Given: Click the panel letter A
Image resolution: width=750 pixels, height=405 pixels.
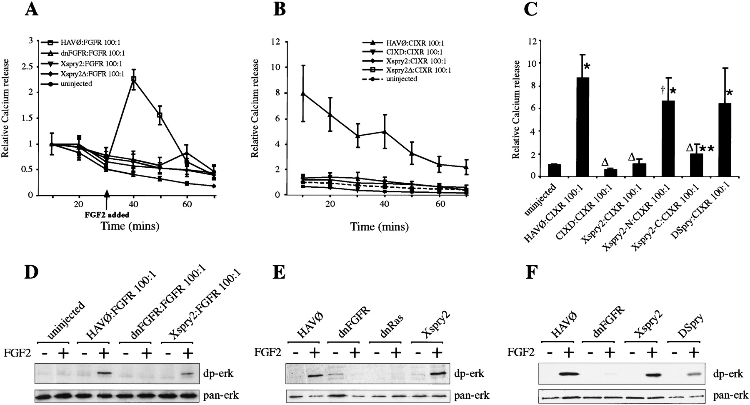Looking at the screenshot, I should [32, 9].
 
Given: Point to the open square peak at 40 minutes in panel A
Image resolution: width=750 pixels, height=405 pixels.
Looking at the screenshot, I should [134, 79].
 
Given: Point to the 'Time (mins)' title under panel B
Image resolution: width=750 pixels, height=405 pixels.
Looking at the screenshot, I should [379, 227].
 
